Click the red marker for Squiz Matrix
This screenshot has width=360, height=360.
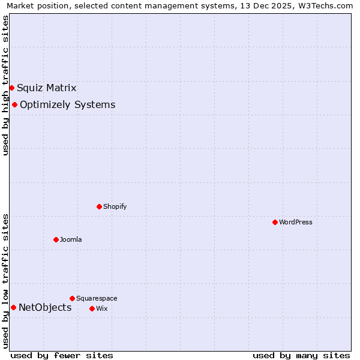tap(11, 88)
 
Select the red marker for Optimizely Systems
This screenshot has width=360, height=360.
tap(14, 104)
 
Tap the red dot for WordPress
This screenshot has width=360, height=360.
tap(275, 222)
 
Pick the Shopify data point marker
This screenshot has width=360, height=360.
tap(99, 206)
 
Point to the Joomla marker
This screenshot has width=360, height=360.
tap(56, 239)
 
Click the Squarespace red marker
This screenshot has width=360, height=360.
tap(72, 298)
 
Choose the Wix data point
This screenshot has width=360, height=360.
tap(92, 308)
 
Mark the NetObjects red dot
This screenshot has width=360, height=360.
tap(13, 307)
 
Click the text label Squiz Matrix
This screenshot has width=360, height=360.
tap(47, 88)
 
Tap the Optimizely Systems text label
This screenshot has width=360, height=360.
tap(67, 105)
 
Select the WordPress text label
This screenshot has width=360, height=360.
tap(296, 223)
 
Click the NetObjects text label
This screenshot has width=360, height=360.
tap(45, 308)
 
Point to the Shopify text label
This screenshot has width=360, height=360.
tap(115, 207)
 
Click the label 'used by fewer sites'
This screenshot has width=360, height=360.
tap(62, 355)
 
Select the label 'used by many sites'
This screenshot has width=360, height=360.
tap(301, 355)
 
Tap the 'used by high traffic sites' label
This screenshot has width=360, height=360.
tap(5, 85)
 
